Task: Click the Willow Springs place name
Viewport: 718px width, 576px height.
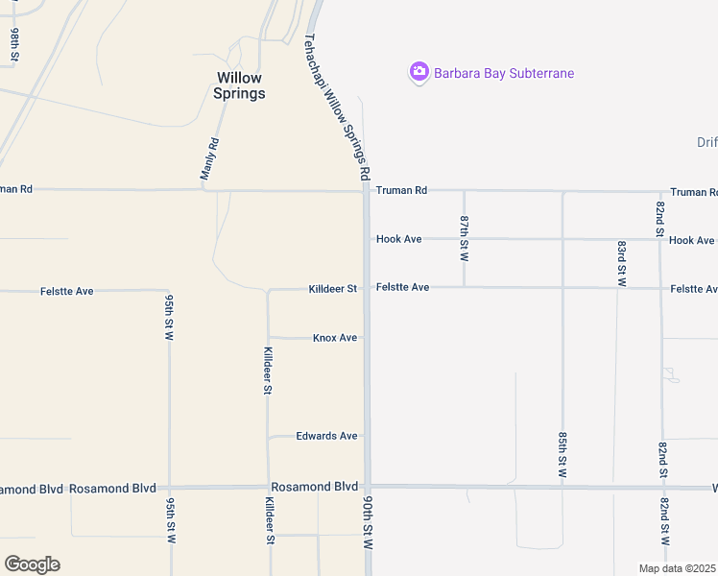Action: pos(240,85)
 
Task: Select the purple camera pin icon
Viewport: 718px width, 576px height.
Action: pos(419,72)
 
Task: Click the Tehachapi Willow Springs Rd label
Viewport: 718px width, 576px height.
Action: pos(337,108)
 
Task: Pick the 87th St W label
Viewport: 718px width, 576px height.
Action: pos(465,239)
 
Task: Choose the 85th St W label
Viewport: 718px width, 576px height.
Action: pos(563,455)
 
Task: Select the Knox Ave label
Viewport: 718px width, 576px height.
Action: pos(335,338)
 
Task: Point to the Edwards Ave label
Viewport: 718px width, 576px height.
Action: pos(326,436)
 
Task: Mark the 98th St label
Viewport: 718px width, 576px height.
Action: pos(15,45)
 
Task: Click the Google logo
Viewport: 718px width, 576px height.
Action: pos(32,564)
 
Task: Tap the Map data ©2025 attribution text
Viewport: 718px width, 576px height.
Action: pos(678,568)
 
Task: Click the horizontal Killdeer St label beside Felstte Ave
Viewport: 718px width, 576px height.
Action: pos(332,289)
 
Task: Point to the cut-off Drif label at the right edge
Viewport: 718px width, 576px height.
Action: pos(706,142)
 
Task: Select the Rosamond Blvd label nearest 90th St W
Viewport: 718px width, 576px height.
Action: pos(315,487)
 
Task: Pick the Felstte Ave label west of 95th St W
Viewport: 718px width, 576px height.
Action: pos(67,290)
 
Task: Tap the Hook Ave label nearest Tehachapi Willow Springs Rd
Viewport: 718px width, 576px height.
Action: pos(399,239)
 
